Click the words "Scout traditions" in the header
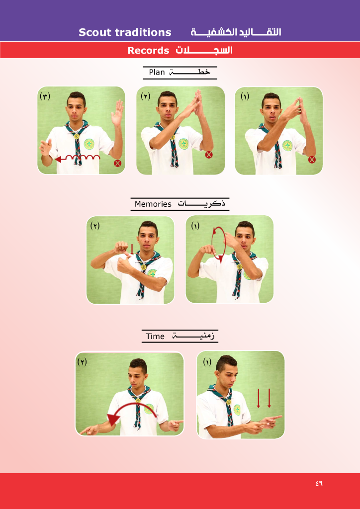[125, 32]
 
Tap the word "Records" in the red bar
[148, 51]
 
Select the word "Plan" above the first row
[157, 72]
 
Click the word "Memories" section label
[153, 204]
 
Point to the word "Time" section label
[155, 337]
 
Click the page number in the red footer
[319, 483]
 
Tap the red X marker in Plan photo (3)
[117, 163]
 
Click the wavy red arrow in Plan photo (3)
[78, 159]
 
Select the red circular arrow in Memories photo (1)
[218, 244]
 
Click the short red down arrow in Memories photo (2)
[132, 250]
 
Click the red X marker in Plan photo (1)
[312, 160]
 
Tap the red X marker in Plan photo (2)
[209, 155]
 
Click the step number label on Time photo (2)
[82, 362]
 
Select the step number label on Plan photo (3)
[45, 96]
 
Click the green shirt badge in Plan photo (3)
[89, 144]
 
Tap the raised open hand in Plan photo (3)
[117, 113]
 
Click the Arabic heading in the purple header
[236, 32]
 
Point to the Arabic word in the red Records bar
[204, 51]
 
